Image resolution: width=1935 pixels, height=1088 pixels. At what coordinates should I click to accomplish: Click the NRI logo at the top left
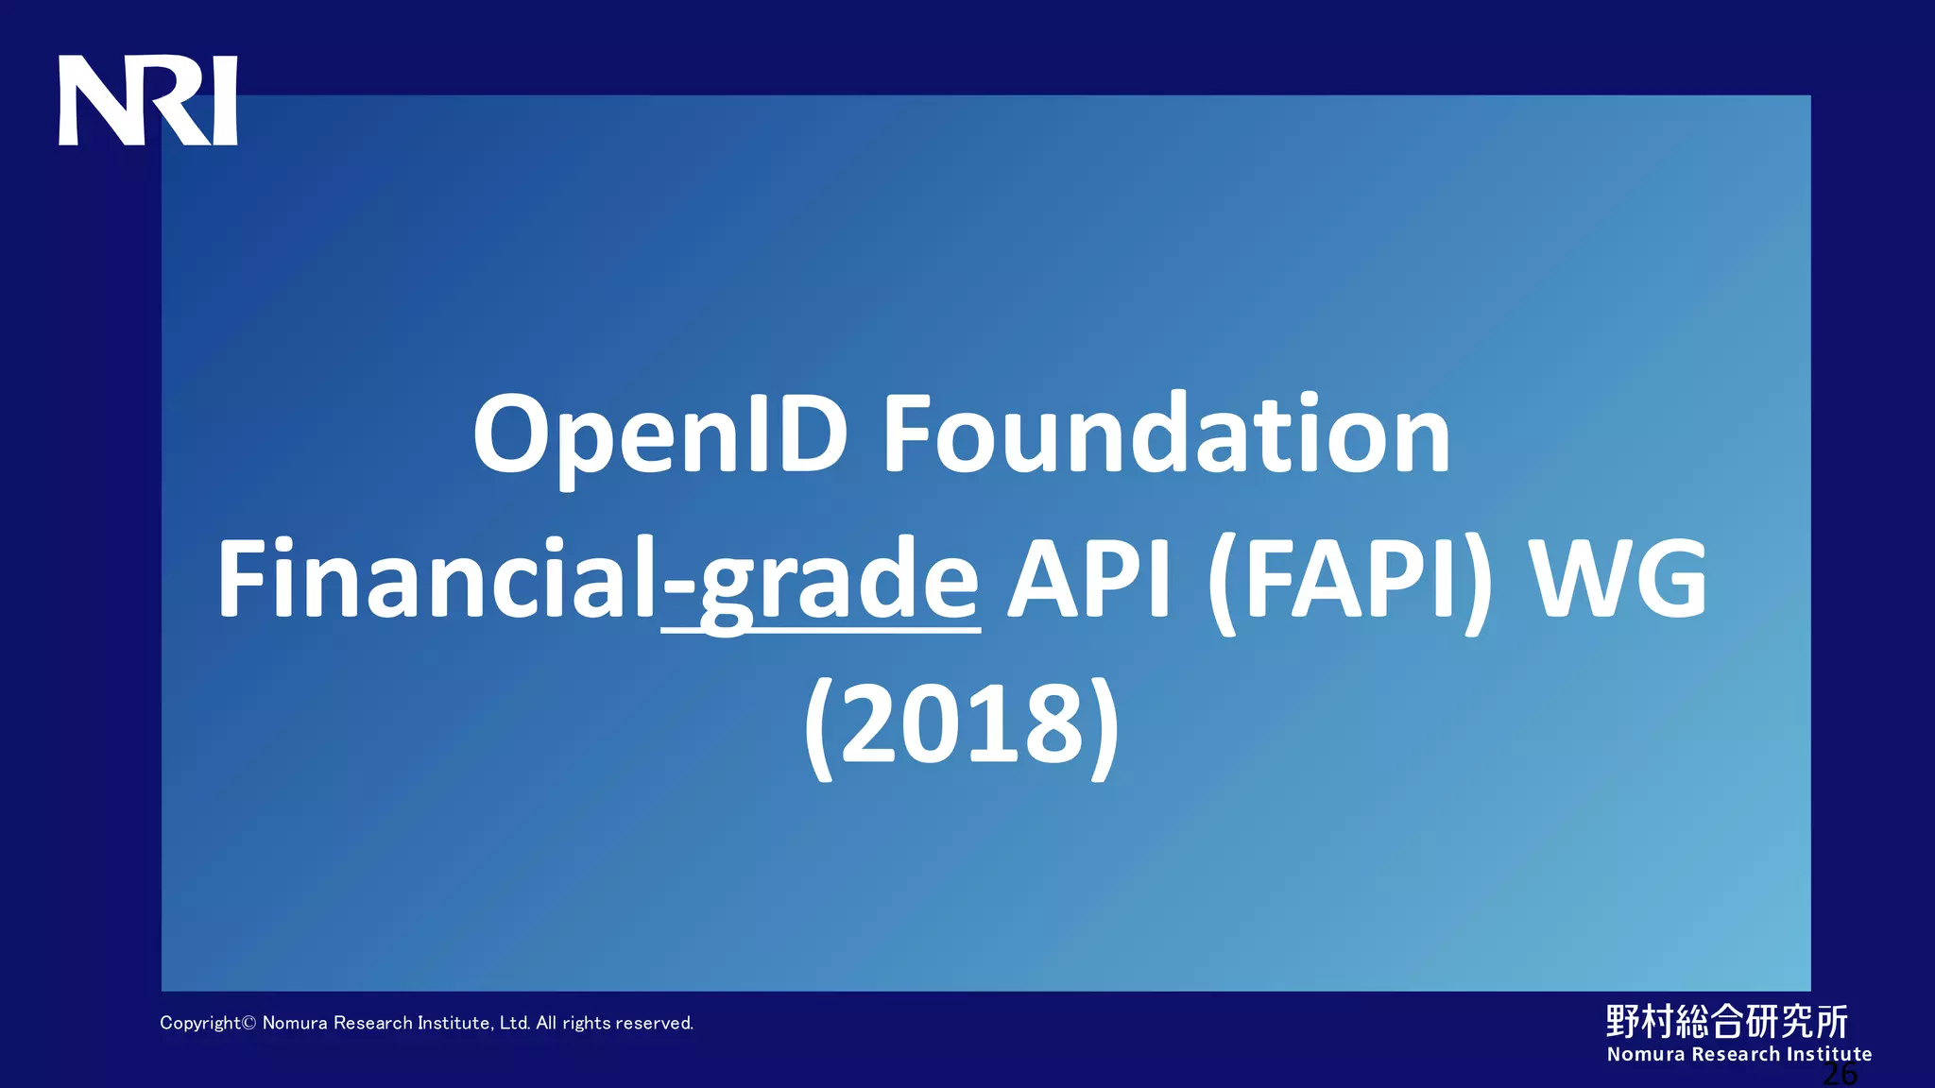click(147, 101)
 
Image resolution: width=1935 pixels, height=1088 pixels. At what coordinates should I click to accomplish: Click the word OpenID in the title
click(659, 434)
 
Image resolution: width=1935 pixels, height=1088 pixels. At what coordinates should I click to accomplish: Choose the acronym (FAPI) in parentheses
click(1351, 580)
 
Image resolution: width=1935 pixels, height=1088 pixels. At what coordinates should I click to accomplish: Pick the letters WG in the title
click(1618, 578)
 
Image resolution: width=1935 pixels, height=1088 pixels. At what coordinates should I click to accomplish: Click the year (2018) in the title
click(962, 723)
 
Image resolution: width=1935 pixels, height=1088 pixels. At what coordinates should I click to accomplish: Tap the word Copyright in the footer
click(200, 1023)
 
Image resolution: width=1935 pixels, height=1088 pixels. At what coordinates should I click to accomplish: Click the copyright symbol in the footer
click(249, 1023)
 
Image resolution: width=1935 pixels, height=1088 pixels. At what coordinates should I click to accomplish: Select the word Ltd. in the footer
click(515, 1023)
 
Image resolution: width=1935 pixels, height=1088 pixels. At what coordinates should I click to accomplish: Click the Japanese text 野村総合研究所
click(1726, 1021)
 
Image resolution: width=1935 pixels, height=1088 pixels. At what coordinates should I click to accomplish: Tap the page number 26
click(1839, 1074)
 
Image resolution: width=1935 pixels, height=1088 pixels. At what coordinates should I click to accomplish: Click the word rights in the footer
click(586, 1023)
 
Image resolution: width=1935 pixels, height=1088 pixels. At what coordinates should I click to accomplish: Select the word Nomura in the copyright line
click(294, 1023)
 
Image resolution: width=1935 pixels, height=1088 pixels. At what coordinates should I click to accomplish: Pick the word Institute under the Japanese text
click(1828, 1054)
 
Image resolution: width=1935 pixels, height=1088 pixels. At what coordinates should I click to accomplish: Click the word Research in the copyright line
click(373, 1023)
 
